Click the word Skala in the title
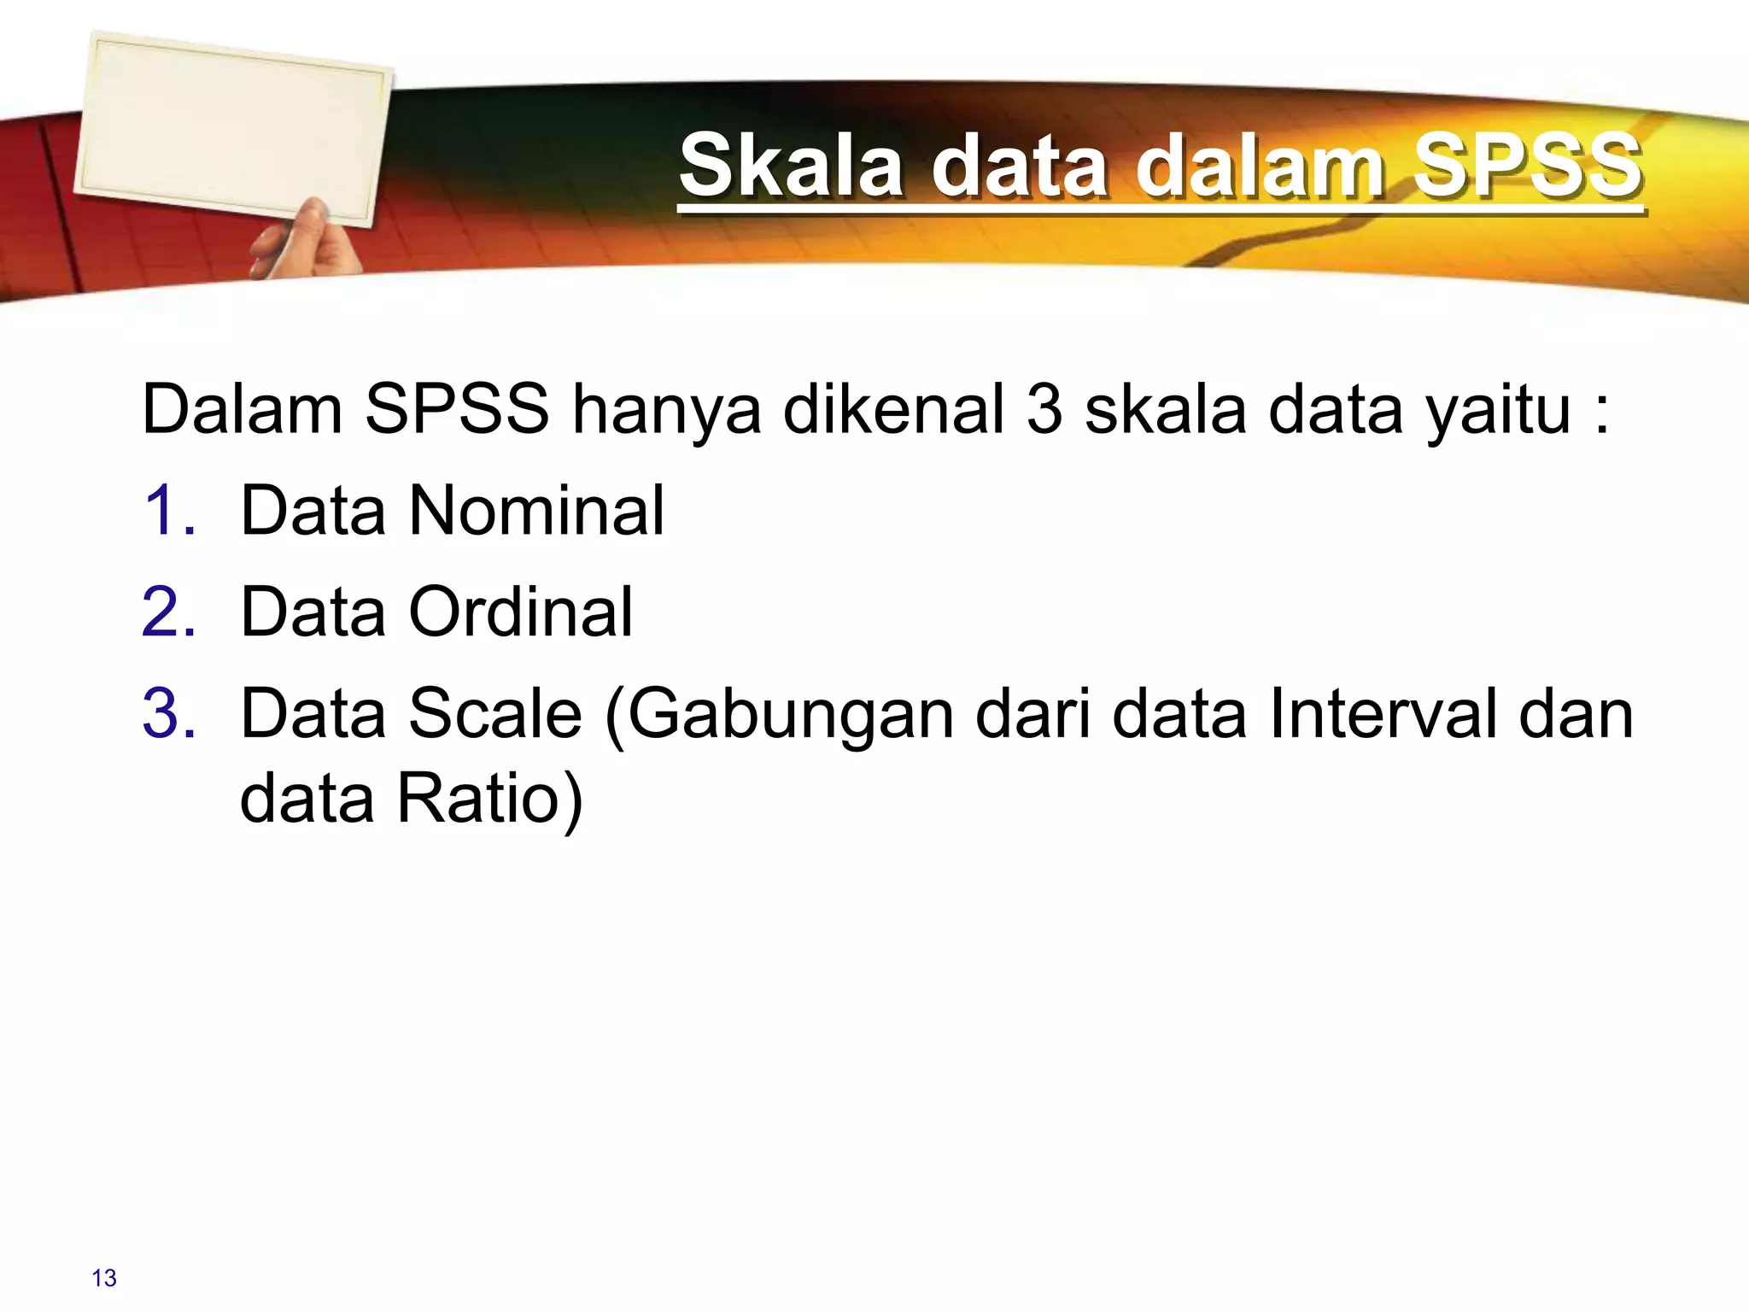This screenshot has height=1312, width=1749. tap(791, 166)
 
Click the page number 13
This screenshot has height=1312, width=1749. tap(104, 1278)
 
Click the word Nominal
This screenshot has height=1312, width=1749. tap(536, 511)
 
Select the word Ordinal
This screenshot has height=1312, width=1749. tap(521, 612)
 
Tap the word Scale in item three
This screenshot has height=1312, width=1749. tap(495, 714)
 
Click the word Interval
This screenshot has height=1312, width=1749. tap(1383, 714)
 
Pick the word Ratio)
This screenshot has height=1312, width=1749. tap(490, 799)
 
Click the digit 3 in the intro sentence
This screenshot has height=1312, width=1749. tap(1044, 410)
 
